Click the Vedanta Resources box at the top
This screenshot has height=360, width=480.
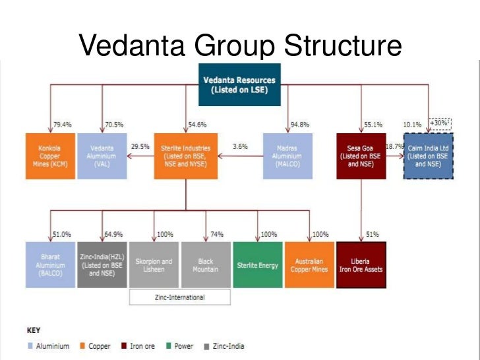click(x=239, y=84)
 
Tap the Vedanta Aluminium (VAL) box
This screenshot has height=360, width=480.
click(x=102, y=156)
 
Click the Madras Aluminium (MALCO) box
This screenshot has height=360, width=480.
click(x=287, y=156)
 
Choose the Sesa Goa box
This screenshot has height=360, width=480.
click(x=360, y=156)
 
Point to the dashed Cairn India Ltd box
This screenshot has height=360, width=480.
click(x=429, y=156)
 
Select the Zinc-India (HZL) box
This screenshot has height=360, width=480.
click(x=102, y=264)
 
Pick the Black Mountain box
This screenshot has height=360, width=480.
click(x=205, y=264)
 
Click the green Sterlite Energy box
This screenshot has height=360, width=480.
click(x=257, y=264)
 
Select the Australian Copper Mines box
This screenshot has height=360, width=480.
click(x=309, y=264)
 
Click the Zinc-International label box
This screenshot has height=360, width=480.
click(x=179, y=297)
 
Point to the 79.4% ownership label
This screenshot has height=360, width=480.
click(x=63, y=124)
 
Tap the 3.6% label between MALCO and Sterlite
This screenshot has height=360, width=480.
click(x=240, y=146)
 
